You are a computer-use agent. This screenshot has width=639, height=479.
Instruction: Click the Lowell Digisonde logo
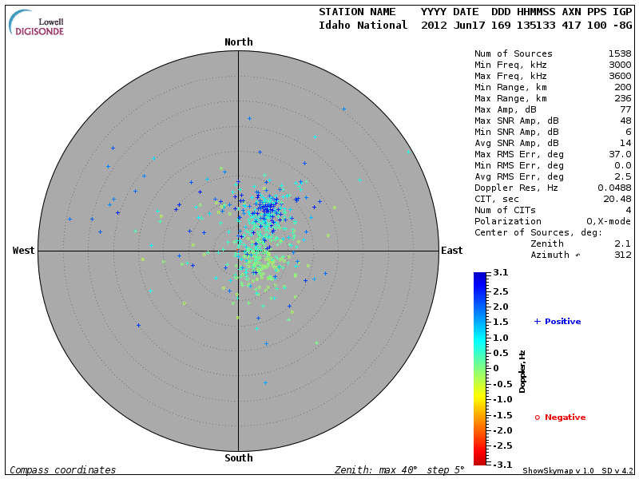pyautogui.click(x=38, y=22)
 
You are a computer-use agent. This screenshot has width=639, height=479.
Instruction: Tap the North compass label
pyautogui.click(x=238, y=42)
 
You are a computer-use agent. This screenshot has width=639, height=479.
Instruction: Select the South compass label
pyautogui.click(x=238, y=458)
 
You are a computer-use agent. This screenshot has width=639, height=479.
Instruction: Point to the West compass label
pyautogui.click(x=23, y=251)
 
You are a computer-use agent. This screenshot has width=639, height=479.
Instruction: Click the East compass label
pyautogui.click(x=451, y=251)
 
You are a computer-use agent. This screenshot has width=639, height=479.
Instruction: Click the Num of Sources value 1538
pyautogui.click(x=619, y=53)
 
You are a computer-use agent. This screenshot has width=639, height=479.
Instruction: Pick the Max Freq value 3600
pyautogui.click(x=619, y=76)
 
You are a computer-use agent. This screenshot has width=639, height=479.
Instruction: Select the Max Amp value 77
pyautogui.click(x=625, y=109)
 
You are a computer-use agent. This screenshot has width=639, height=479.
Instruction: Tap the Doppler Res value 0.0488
pyautogui.click(x=613, y=188)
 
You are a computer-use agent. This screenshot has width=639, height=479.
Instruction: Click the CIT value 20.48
pyautogui.click(x=617, y=199)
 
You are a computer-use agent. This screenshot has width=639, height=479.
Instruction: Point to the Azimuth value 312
pyautogui.click(x=622, y=255)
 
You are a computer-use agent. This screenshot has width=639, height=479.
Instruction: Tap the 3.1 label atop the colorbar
pyautogui.click(x=500, y=273)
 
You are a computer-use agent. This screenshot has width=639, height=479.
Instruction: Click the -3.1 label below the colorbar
pyautogui.click(x=498, y=464)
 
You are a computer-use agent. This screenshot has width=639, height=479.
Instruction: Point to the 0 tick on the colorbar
pyautogui.click(x=496, y=368)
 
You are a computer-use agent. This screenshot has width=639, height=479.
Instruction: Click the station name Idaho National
pyautogui.click(x=363, y=25)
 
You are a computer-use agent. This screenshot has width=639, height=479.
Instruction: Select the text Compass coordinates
pyautogui.click(x=62, y=470)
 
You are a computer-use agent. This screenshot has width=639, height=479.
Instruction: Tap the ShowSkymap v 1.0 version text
pyautogui.click(x=558, y=470)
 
